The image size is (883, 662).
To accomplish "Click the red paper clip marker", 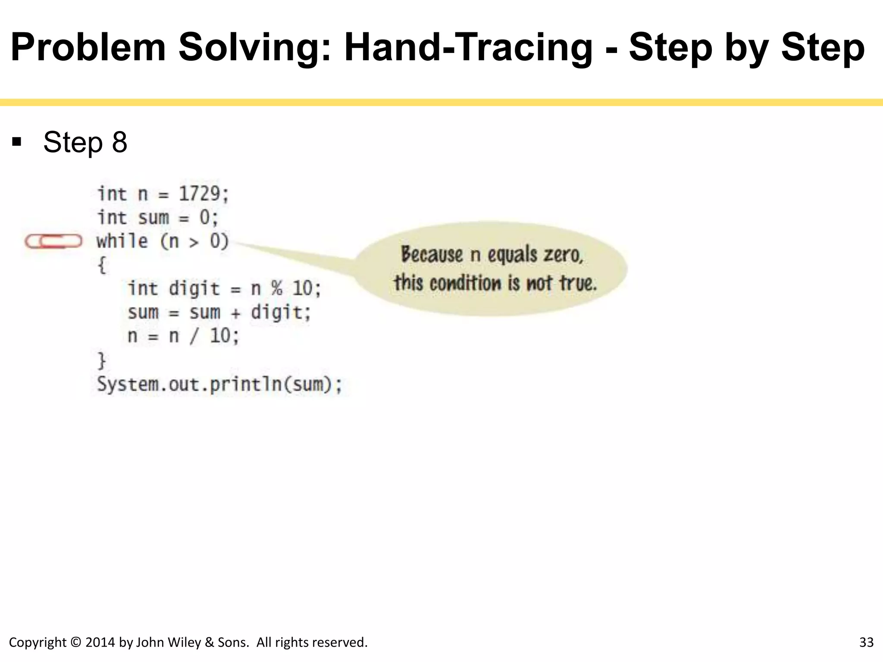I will [53, 241].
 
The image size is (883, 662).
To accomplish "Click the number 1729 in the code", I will [200, 194].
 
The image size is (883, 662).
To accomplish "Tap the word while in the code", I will [122, 240].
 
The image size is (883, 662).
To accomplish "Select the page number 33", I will [866, 643].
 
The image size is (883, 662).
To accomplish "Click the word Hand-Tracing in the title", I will [468, 47].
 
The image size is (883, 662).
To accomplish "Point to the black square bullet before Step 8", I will [17, 142].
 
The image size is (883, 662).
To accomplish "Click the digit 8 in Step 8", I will [119, 142].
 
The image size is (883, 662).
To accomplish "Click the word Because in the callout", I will [432, 254].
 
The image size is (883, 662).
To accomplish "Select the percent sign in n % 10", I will [276, 288].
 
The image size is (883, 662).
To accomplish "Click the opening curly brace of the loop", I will [102, 265].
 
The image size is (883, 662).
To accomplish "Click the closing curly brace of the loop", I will [102, 360].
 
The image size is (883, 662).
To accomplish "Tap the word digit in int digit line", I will [194, 288].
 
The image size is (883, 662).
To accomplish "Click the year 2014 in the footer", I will [100, 643].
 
